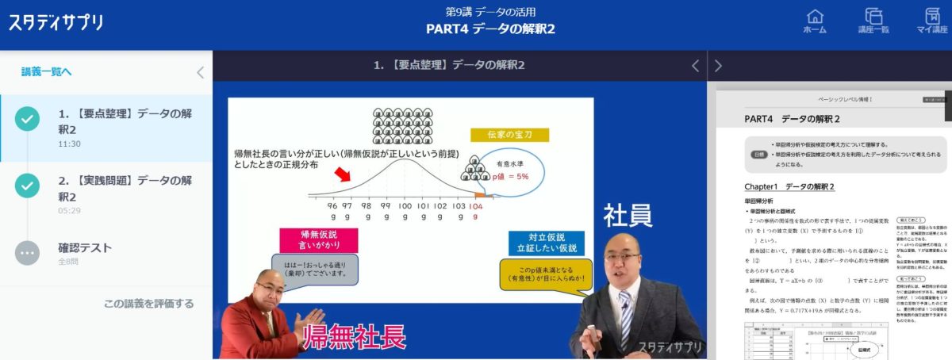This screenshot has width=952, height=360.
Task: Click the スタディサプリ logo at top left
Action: click(56, 22)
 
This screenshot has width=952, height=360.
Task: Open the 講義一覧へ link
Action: click(46, 72)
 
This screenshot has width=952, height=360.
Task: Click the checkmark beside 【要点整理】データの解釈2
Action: click(28, 120)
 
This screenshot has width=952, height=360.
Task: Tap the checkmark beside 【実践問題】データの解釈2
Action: click(28, 186)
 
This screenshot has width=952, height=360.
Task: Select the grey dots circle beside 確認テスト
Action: click(28, 252)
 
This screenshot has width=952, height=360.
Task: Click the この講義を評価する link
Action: click(148, 304)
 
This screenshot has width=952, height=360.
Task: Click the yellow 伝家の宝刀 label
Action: click(509, 135)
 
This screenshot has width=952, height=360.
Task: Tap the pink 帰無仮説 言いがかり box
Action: click(318, 240)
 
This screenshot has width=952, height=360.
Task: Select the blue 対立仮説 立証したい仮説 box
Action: click(546, 243)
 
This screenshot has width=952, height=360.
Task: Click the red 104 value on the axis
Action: click(475, 205)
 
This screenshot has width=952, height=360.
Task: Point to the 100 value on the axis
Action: click(405, 205)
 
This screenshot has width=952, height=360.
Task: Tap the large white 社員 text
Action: click(628, 215)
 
